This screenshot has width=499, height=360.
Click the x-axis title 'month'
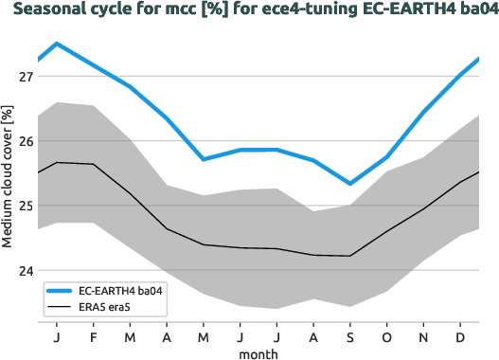coord(258,352)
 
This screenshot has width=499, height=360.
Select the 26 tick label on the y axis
coord(22,141)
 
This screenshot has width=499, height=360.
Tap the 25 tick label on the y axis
coord(22,206)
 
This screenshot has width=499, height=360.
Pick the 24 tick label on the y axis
coord(22,270)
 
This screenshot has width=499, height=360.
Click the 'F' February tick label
coord(94,336)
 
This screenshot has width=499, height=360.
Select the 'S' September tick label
coord(349,336)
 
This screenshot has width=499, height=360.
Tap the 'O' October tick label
coord(386,336)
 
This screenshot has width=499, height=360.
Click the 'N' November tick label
coord(423,336)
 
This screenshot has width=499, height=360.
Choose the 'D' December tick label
coord(460,336)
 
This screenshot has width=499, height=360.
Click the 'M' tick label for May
coord(204,336)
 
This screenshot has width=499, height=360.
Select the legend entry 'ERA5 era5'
coord(103,308)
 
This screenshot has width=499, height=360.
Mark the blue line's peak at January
coord(57,44)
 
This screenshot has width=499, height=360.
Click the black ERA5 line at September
coord(349,256)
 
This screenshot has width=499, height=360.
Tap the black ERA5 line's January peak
coord(57,163)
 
